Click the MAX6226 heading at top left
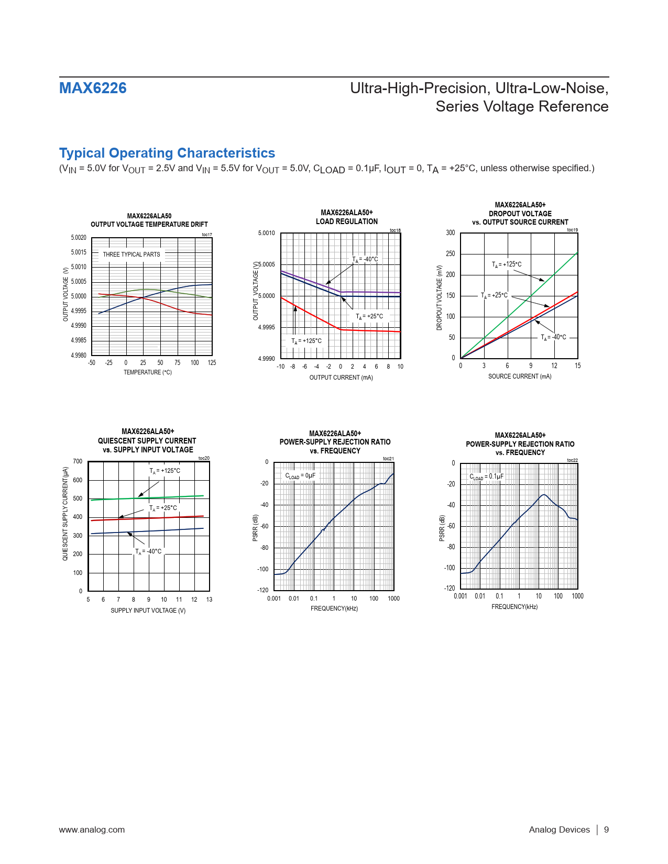coord(93,88)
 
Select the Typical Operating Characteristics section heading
coord(167,153)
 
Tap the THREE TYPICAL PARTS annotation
coord(131,254)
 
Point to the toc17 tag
coord(207,235)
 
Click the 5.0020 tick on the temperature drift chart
coord(79,238)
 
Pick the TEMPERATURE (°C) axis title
coord(148,372)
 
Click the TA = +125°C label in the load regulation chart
coord(306,341)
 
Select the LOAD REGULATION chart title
coord(346,221)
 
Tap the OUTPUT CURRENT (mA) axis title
coord(341,378)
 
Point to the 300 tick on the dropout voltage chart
coord(451,233)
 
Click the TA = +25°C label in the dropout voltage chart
coord(494,295)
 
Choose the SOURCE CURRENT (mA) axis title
coord(520,376)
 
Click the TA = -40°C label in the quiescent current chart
coord(148,551)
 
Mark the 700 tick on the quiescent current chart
coord(78,461)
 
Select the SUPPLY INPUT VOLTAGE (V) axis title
coord(148,611)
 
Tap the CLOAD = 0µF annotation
coord(300,476)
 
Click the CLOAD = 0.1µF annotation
coord(486,477)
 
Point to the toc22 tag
coord(572,460)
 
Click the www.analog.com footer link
coord(92,829)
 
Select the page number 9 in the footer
coord(606,829)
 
